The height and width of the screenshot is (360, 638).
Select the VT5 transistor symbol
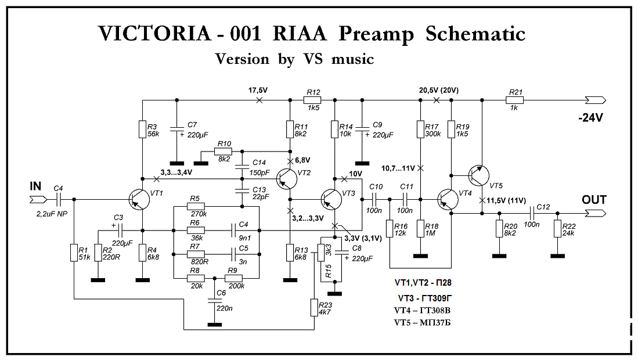(478, 175)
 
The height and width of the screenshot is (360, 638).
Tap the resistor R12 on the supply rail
(312, 100)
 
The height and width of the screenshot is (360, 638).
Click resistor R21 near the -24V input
(515, 100)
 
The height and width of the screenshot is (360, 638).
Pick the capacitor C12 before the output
(532, 213)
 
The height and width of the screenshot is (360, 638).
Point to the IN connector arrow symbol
(38, 200)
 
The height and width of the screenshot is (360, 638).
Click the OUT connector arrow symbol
(596, 213)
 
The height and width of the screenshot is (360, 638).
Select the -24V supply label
(590, 118)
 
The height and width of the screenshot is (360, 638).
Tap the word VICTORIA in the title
(154, 33)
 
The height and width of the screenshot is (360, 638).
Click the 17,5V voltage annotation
(258, 91)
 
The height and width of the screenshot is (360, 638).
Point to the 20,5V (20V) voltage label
(439, 91)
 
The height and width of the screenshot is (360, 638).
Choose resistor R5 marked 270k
(196, 206)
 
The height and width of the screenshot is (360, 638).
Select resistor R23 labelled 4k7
(314, 308)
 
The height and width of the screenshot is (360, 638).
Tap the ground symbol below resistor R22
(557, 256)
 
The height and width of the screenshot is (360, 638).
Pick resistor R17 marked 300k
(420, 129)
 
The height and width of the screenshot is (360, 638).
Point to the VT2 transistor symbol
(286, 179)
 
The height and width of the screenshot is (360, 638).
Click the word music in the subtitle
(352, 59)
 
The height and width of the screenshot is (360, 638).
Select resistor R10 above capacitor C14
(224, 152)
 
